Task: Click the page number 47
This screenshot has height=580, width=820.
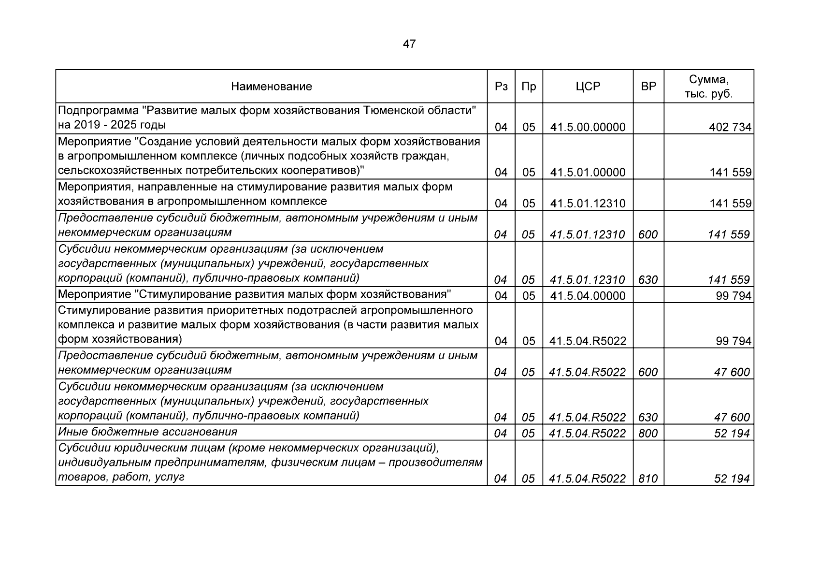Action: pyautogui.click(x=409, y=44)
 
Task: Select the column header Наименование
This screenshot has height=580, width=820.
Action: pyautogui.click(x=271, y=87)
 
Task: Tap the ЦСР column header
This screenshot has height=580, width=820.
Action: pyautogui.click(x=588, y=87)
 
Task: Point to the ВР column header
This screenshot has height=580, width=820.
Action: pyautogui.click(x=648, y=87)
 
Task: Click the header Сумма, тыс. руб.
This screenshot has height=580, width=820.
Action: pyautogui.click(x=708, y=87)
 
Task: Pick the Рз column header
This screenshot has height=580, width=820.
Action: pyautogui.click(x=501, y=87)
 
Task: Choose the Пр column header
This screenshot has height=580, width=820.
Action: pyautogui.click(x=529, y=87)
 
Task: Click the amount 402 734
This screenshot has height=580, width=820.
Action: pyautogui.click(x=730, y=127)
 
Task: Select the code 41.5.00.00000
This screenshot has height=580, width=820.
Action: pyautogui.click(x=588, y=127)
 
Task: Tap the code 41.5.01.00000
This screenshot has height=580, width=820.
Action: pyautogui.click(x=588, y=173)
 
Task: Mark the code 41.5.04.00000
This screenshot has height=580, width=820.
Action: pyautogui.click(x=588, y=295)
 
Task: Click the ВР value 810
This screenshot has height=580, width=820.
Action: pyautogui.click(x=648, y=478)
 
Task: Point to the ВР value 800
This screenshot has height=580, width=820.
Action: pyautogui.click(x=648, y=433)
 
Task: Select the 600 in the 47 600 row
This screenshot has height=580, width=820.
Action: pyautogui.click(x=648, y=372)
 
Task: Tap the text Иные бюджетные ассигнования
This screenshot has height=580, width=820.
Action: pyautogui.click(x=147, y=432)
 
